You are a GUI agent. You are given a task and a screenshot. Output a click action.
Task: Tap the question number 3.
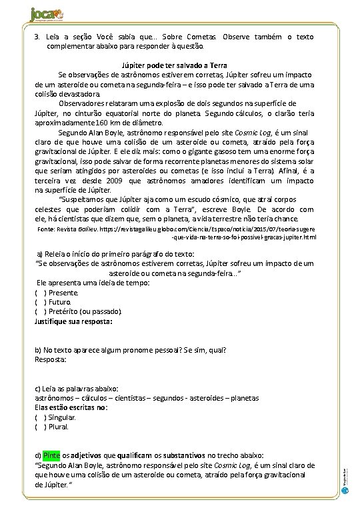(x=37, y=35)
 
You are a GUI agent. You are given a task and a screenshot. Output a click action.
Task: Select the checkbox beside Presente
(x=40, y=292)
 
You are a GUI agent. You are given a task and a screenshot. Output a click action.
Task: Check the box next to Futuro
(x=40, y=301)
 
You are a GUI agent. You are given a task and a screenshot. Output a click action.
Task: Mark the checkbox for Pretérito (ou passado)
(x=40, y=311)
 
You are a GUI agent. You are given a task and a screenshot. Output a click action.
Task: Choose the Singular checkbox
(x=40, y=417)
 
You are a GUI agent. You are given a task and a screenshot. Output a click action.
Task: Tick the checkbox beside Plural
(x=40, y=426)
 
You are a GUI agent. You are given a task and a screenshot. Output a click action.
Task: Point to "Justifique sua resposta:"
(x=73, y=321)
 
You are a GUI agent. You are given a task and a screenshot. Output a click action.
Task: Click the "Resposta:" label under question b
(x=50, y=359)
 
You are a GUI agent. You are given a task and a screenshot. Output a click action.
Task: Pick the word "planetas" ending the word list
(x=241, y=397)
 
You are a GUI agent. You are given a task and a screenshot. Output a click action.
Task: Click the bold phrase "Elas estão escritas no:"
(x=71, y=407)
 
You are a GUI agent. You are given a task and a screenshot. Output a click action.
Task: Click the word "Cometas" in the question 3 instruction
(x=201, y=35)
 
